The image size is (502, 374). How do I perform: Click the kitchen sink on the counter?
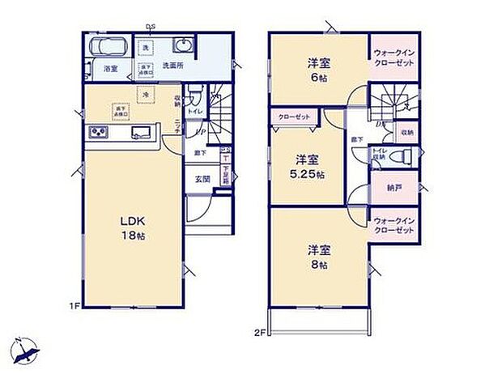(142, 134)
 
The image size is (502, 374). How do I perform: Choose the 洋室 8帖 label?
(317, 257)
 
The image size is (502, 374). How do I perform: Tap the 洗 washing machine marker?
(146, 49)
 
